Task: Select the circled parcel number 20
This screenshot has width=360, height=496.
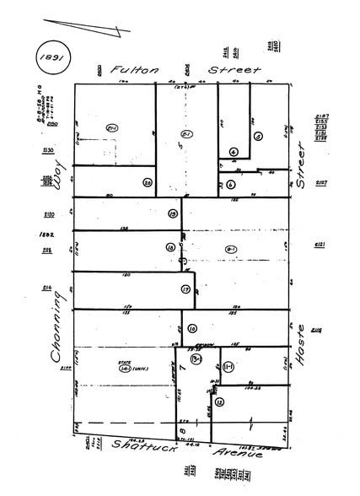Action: pyautogui.click(x=147, y=183)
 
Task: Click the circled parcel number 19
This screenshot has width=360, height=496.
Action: pyautogui.click(x=172, y=214)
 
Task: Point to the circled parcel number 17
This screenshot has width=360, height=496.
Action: pyautogui.click(x=185, y=288)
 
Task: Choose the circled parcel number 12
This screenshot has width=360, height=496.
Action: pyautogui.click(x=220, y=402)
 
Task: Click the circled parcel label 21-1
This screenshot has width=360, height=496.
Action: pyautogui.click(x=110, y=127)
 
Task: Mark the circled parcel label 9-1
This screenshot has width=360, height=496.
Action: pyautogui.click(x=230, y=248)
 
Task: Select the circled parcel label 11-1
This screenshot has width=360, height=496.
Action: pyautogui.click(x=228, y=365)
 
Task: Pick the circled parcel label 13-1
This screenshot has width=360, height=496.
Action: pyautogui.click(x=197, y=360)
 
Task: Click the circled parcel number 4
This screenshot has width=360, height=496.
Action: pyautogui.click(x=233, y=153)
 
